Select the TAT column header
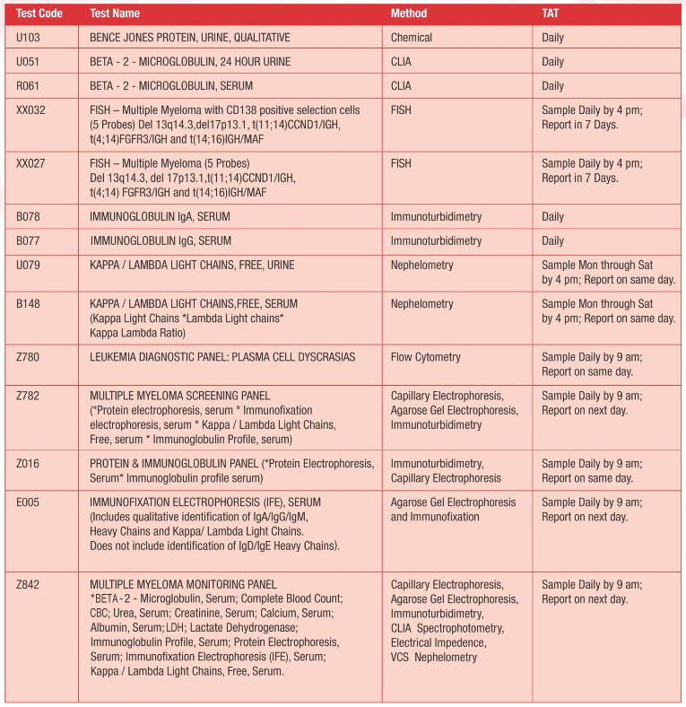point(552,13)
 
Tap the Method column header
point(409,13)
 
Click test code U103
point(30,38)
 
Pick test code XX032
point(31,110)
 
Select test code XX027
point(31,164)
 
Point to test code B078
point(30,217)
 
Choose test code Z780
point(30,357)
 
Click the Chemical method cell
point(412,38)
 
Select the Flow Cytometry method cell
point(425,357)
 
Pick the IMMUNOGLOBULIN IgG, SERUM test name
point(161,241)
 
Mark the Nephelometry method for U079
point(422,266)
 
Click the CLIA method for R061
point(401,86)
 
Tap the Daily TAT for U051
point(553,62)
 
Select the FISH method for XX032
point(401,110)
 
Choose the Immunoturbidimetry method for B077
point(436,241)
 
